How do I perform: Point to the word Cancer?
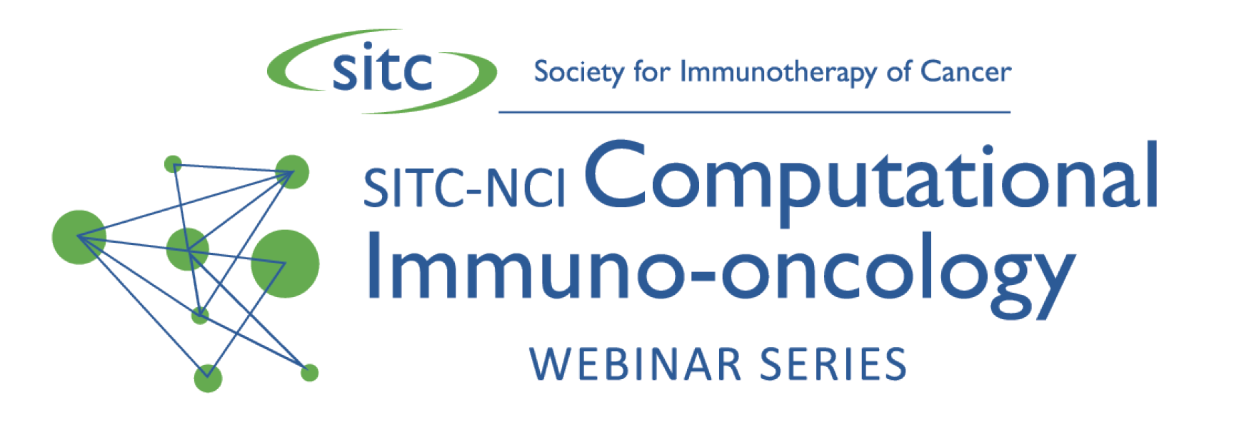965,71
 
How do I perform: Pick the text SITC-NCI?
464,189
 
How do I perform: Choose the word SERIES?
833,364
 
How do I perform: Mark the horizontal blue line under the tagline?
754,112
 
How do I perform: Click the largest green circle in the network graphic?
285,263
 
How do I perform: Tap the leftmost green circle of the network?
79,237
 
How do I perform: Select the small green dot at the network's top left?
173,164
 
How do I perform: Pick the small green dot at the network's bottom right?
309,373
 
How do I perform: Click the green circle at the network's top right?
292,172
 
